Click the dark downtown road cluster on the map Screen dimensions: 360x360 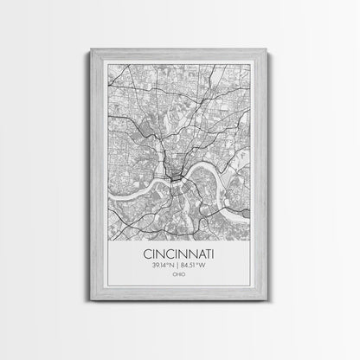click(x=176, y=177)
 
